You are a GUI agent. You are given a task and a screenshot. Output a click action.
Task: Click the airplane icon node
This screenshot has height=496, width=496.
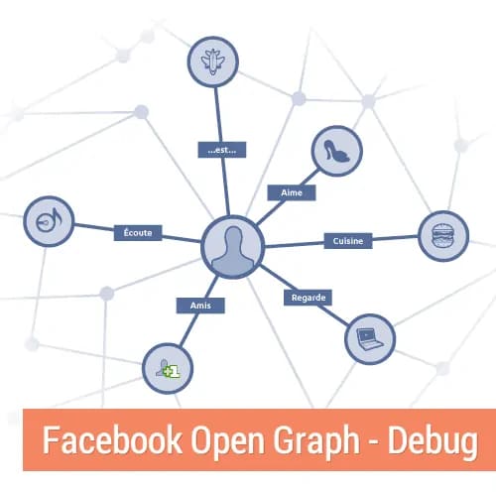pos(213,62)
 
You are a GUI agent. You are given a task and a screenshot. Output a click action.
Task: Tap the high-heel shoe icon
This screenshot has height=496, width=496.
pos(336,151)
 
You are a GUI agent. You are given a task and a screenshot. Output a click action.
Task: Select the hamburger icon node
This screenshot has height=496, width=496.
pos(443,236)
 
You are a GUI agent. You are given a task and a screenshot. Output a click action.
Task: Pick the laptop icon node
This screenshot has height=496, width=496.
pos(370,339)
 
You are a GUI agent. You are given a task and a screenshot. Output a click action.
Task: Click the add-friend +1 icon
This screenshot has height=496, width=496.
pos(168,368)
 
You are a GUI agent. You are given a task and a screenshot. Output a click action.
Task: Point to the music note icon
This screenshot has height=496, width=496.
pos(49,221)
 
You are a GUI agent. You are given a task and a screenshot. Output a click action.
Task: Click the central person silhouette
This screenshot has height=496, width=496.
pos(233,247)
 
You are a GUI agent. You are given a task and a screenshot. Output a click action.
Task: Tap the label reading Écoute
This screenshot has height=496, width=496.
pos(138,233)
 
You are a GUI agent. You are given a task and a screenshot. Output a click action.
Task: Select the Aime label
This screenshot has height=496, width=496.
pos(292,192)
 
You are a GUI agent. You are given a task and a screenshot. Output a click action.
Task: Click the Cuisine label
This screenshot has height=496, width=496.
pos(348,241)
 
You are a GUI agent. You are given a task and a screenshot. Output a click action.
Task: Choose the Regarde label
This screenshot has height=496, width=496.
pos(309,298)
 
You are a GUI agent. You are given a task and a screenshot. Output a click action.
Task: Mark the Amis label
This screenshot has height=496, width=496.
pos(200,306)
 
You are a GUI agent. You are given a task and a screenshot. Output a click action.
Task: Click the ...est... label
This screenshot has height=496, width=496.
pos(222,150)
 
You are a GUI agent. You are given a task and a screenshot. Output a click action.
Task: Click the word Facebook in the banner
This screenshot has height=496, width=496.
pos(112,439)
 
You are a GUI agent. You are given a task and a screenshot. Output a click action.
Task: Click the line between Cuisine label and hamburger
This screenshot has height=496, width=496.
pos(395,238)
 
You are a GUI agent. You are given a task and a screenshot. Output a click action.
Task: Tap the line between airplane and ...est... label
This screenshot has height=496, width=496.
pos(218,115)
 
